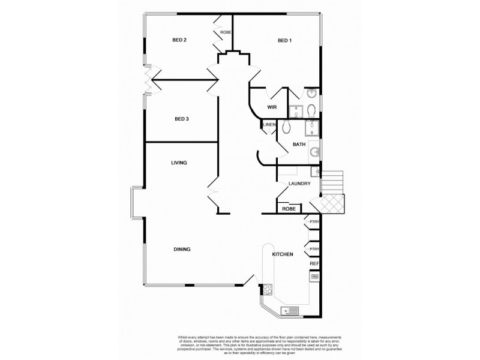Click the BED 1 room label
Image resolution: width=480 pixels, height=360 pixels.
[284, 40]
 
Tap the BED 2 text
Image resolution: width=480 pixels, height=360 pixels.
[179, 40]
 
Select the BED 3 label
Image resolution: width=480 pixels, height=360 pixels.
[181, 119]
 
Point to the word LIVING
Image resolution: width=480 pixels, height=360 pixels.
[179, 163]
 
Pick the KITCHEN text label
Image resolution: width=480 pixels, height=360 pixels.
[283, 254]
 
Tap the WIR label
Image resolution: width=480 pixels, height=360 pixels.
[271, 107]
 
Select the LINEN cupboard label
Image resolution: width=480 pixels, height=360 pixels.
[269, 125]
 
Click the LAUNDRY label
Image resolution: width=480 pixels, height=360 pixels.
[299, 184]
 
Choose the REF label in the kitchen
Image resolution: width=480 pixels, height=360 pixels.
[313, 263]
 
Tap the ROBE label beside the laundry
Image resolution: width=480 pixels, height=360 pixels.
[289, 209]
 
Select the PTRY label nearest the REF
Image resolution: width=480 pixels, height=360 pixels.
[314, 248]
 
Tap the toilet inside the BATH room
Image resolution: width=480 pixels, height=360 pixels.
[287, 127]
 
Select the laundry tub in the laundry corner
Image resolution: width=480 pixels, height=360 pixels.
[314, 172]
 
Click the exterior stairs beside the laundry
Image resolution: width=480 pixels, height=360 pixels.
[332, 181]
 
